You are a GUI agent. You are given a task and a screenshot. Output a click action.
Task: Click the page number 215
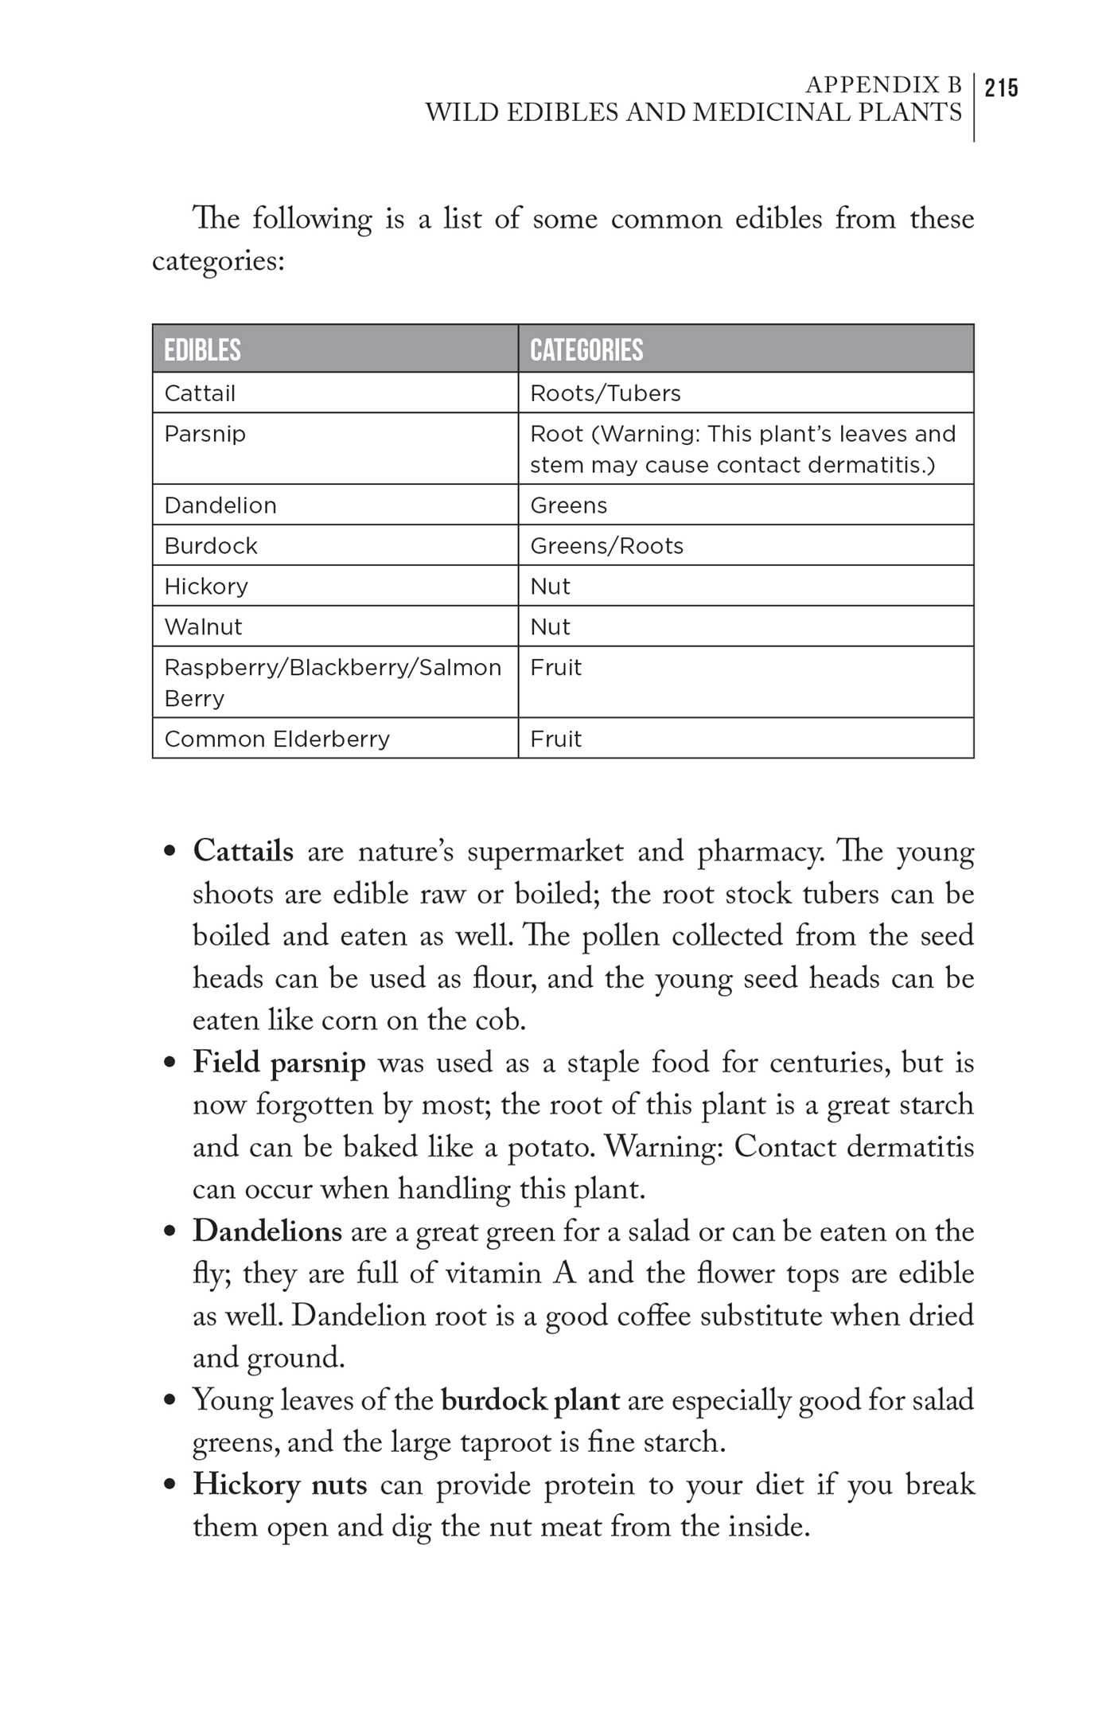(1001, 88)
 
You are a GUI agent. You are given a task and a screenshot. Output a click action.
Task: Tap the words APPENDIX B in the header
(883, 84)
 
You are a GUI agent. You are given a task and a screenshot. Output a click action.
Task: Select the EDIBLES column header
(202, 350)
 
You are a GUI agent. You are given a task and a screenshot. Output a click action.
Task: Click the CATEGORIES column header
(586, 350)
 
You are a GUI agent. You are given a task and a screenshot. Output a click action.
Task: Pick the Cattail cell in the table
(200, 393)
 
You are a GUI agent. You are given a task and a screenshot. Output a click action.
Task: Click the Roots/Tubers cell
(606, 393)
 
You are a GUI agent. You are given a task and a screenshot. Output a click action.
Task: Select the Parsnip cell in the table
(204, 434)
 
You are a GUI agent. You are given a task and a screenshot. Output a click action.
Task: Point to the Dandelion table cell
(220, 505)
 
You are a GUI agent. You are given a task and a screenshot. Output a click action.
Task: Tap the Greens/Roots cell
(607, 546)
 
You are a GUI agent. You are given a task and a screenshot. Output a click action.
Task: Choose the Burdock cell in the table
(211, 546)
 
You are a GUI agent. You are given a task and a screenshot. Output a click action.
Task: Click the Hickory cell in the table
(206, 587)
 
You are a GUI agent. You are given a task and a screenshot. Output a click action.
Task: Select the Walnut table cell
(203, 627)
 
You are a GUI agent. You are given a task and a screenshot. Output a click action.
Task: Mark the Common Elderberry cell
(277, 739)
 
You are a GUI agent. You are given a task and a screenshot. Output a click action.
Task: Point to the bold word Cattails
(243, 851)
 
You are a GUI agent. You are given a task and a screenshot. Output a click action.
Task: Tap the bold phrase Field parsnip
(279, 1063)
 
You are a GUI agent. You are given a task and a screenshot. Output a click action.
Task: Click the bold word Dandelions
(267, 1231)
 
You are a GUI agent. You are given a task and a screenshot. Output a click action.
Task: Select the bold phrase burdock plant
(530, 1400)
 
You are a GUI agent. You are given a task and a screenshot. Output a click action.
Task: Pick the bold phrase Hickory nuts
(279, 1485)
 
